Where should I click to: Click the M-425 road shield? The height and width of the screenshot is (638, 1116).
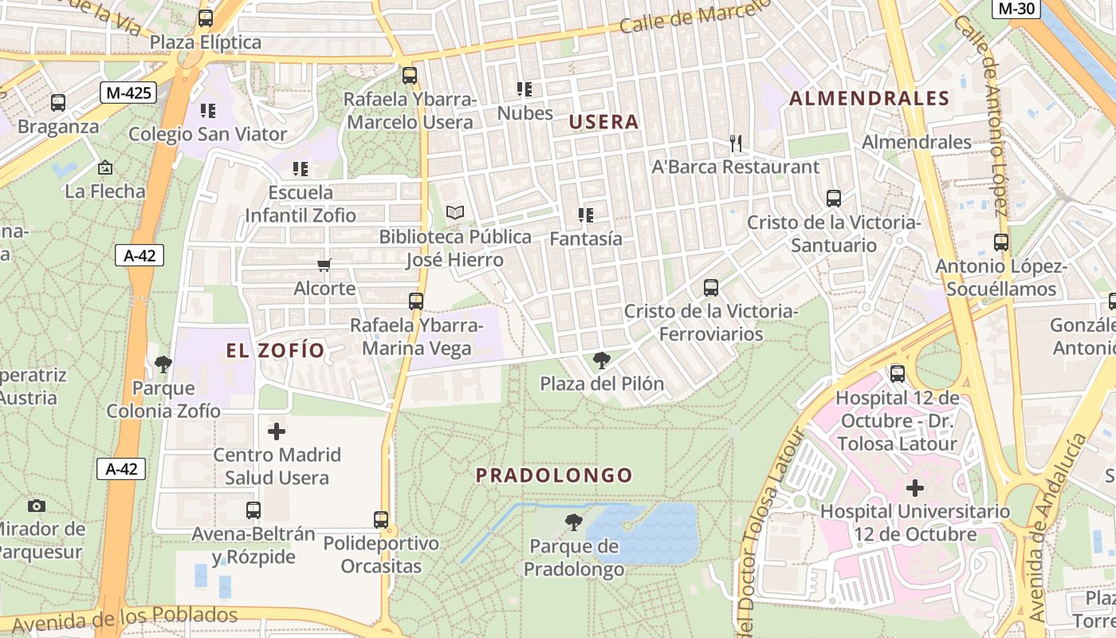[128, 93]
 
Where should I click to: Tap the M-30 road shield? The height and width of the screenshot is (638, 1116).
[1016, 9]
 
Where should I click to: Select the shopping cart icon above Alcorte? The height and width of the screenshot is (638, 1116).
[324, 265]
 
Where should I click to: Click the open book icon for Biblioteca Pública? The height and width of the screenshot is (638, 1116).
[454, 213]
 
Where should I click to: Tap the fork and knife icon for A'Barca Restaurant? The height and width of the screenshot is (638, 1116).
[736, 144]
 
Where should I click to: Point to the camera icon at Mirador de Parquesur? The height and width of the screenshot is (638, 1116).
[36, 506]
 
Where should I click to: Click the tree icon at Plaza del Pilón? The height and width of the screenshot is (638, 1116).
[602, 360]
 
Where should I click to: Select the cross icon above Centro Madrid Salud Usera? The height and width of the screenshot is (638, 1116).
[277, 431]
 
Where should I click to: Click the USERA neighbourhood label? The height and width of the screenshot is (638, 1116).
[604, 122]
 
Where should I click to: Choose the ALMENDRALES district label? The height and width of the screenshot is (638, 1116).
[869, 99]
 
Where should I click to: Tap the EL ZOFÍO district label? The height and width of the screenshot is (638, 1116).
[276, 351]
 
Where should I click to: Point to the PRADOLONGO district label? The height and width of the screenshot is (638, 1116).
[554, 475]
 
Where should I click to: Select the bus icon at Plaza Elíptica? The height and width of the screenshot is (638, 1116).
[206, 18]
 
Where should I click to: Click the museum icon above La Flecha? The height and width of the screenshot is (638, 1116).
[104, 167]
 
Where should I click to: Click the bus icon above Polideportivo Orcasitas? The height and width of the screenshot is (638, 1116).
[381, 520]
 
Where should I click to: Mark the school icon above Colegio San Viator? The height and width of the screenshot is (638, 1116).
[207, 110]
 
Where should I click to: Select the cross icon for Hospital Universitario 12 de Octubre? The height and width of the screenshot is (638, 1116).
[915, 487]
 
